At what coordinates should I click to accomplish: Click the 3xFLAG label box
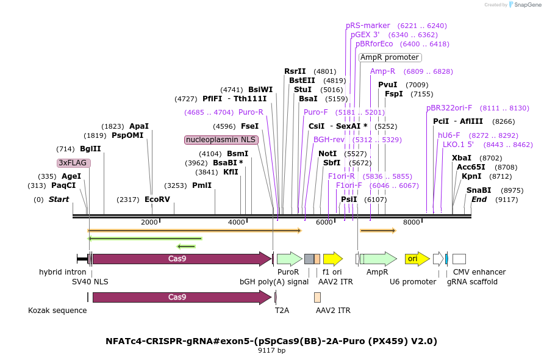pyautogui.click(x=74, y=163)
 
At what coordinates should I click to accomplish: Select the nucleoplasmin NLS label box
pyautogui.click(x=221, y=140)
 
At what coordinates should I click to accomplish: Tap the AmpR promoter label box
pyautogui.click(x=390, y=57)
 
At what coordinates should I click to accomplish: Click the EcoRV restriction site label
pyautogui.click(x=157, y=199)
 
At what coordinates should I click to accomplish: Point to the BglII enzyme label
pyautogui.click(x=90, y=149)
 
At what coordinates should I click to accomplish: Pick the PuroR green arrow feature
pyautogui.click(x=289, y=259)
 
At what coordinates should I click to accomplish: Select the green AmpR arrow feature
pyautogui.click(x=378, y=259)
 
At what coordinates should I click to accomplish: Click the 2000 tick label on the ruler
pyautogui.click(x=149, y=222)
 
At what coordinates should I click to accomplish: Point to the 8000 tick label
pyautogui.click(x=412, y=222)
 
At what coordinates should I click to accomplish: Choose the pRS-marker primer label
pyautogui.click(x=368, y=26)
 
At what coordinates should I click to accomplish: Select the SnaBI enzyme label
pyautogui.click(x=479, y=190)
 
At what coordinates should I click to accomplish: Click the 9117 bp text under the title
pyautogui.click(x=271, y=351)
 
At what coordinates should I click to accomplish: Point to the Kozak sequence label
pyautogui.click(x=57, y=311)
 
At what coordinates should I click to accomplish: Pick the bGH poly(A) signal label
pyautogui.click(x=274, y=282)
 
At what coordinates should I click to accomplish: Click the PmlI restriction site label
pyautogui.click(x=202, y=185)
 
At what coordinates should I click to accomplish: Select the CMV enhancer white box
pyautogui.click(x=459, y=259)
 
